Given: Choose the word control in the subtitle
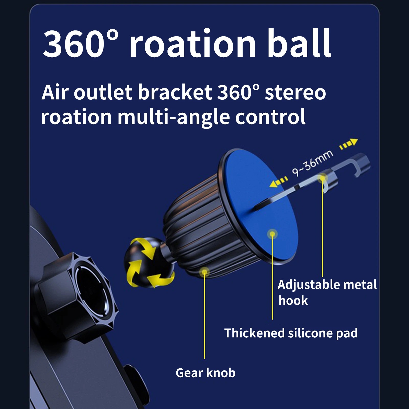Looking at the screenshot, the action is [270, 116].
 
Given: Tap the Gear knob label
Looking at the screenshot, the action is [206, 373].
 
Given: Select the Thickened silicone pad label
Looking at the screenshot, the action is [291, 333].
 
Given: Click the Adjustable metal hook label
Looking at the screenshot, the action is [327, 292].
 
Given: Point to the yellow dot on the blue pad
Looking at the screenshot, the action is [272, 234].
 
